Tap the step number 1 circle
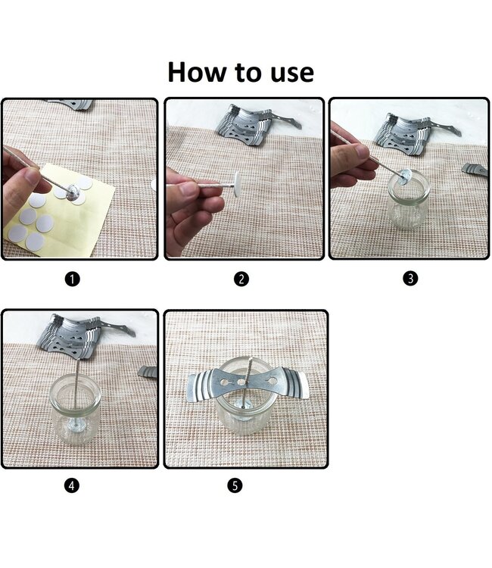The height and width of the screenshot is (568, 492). pos(72,279)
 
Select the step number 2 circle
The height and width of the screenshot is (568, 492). pos(241,279)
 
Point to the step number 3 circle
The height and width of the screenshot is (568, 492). pos(410,279)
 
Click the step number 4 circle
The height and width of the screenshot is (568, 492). pos(72,485)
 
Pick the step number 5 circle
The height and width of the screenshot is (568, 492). pos(235,485)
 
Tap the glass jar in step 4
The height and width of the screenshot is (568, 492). pos(75,409)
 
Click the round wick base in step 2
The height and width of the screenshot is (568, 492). pos(237,184)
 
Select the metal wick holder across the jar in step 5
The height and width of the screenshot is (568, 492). pos(248,384)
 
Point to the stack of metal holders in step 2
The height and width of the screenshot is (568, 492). pos(254,124)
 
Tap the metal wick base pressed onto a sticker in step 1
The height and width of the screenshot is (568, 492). pos(73,192)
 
